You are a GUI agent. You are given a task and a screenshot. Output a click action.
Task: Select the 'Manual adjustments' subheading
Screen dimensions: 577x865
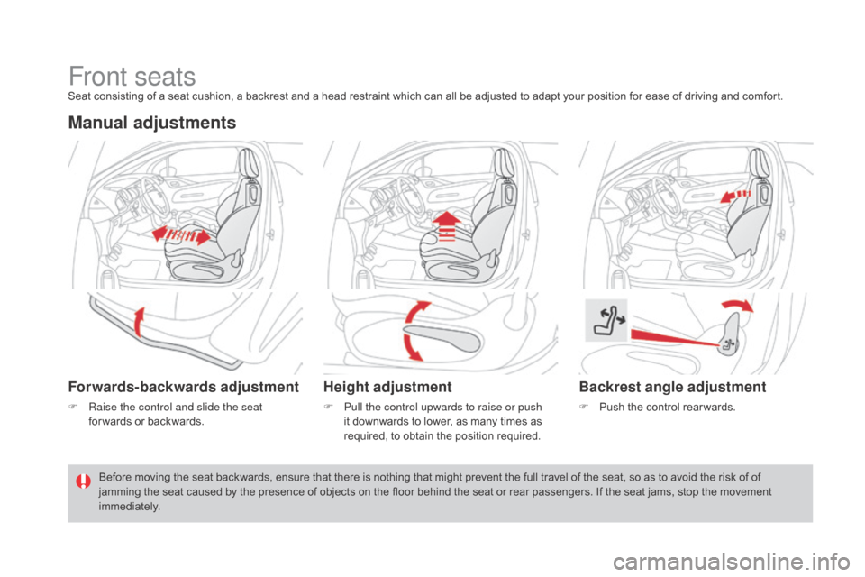[x=151, y=124]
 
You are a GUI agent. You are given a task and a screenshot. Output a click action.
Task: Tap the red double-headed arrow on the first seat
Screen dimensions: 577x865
[x=185, y=234]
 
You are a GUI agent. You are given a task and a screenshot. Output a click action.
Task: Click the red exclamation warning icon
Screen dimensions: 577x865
[x=82, y=481]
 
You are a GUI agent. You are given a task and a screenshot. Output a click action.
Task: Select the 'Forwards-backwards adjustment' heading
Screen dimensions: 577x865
[x=184, y=388]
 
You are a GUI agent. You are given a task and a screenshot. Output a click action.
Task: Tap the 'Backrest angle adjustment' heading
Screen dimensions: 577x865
[x=671, y=388]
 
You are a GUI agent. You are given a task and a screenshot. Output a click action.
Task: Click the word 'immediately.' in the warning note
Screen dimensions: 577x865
[x=130, y=507]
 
